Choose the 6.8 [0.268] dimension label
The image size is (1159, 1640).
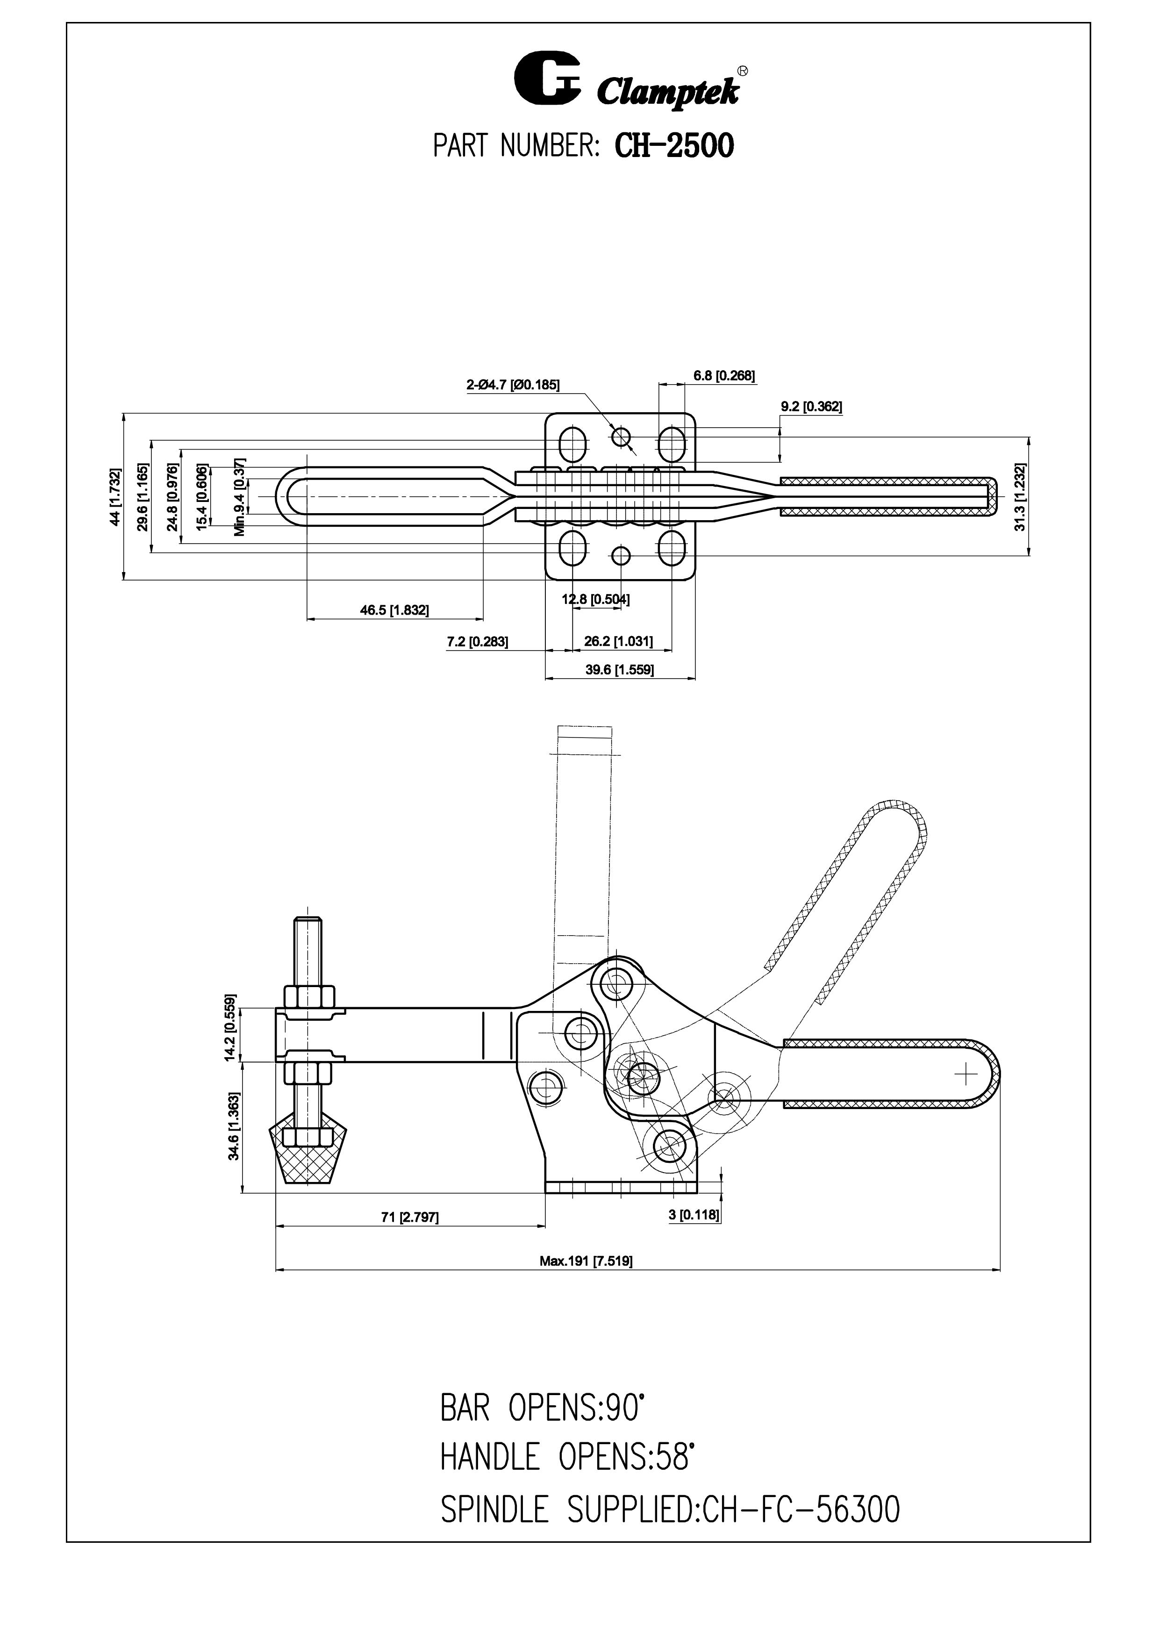pyautogui.click(x=724, y=376)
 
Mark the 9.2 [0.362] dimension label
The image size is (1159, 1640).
pyautogui.click(x=811, y=407)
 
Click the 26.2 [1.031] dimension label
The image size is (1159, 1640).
pyautogui.click(x=618, y=641)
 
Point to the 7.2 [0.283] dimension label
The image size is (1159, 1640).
pyautogui.click(x=477, y=641)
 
